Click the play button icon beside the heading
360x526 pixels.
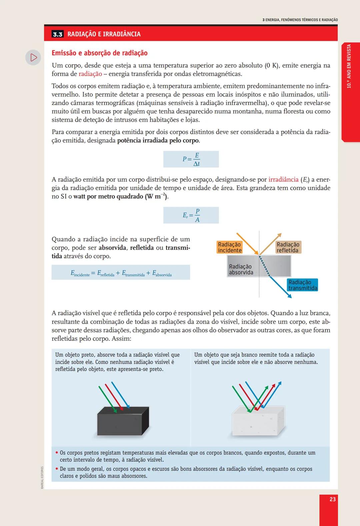pos(33,57)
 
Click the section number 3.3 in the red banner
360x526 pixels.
pos(58,34)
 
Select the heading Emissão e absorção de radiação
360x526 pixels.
pos(99,53)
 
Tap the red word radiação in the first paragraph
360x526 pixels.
pos(90,74)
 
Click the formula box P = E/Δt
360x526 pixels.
pos(191,159)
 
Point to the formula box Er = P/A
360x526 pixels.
pos(191,215)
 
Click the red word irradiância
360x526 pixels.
pos(283,180)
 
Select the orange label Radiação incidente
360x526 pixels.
pos(229,247)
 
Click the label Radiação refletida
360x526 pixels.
pos(288,247)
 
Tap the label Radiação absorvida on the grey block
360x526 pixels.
pos(241,269)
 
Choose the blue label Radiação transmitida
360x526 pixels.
pos(303,285)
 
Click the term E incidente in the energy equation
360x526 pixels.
pos(80,273)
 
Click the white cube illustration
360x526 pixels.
pos(258,421)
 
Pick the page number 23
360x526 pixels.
pos(332,499)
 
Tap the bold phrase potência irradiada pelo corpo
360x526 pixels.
pos(158,141)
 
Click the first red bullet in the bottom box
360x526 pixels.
pos(57,453)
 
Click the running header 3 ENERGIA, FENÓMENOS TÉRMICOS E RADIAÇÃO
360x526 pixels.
pos(300,20)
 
